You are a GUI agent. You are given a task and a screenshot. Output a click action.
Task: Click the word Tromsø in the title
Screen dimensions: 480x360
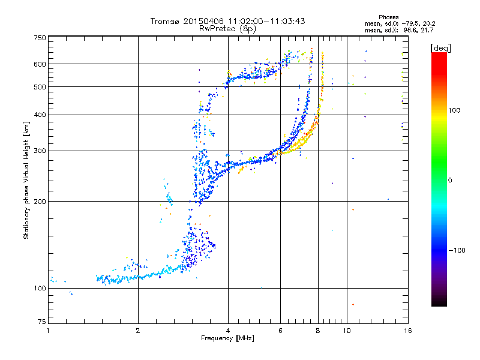tap(166, 21)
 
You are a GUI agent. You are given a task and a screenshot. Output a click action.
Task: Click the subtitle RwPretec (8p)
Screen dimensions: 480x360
tap(227, 29)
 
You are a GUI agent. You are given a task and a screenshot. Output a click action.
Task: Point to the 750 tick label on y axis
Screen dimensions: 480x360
tap(40, 38)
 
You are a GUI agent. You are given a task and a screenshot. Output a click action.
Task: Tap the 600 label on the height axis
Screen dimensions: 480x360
tap(40, 64)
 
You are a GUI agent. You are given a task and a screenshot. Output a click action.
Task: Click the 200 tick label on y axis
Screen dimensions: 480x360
tap(40, 202)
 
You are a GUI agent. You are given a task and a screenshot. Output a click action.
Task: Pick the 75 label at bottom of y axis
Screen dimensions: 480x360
tap(42, 322)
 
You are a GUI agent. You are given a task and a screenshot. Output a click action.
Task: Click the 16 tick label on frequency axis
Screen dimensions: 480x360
tap(408, 331)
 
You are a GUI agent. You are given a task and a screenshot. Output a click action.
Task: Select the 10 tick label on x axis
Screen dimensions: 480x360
tap(347, 331)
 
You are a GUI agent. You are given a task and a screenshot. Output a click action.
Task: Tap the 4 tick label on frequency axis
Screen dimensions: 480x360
tap(228, 331)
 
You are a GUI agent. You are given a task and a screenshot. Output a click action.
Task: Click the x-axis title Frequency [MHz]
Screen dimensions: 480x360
tap(227, 338)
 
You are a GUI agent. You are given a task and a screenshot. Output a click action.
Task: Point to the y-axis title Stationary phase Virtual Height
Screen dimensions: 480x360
tap(26, 181)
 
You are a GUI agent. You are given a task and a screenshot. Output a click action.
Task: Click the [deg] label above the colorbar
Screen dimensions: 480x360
tap(440, 49)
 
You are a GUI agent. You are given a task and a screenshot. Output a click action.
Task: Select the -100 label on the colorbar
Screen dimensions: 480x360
tap(457, 250)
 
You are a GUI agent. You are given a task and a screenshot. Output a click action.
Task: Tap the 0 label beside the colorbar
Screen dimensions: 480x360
tap(450, 181)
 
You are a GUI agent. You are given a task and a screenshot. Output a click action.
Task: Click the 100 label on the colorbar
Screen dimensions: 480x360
tap(454, 110)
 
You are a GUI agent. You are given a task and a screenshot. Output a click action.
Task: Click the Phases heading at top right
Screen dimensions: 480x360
tap(388, 17)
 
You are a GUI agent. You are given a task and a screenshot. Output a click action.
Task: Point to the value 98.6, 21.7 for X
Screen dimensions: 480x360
tap(418, 31)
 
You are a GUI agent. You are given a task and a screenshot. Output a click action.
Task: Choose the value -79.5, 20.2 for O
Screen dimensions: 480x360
tap(418, 24)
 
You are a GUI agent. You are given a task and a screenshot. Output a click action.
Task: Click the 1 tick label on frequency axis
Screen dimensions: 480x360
tap(49, 331)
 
